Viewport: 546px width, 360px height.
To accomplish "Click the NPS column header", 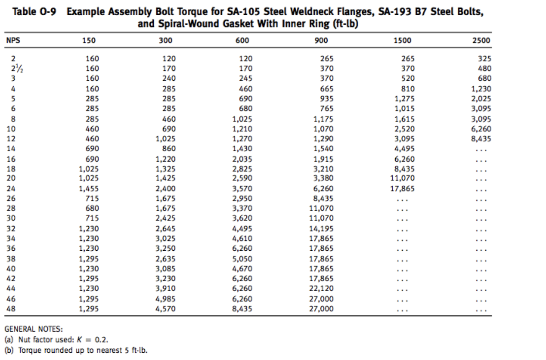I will click(x=13, y=40).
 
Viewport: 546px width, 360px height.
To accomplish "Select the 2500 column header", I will click(x=481, y=41).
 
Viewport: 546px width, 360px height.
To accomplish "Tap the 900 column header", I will click(x=321, y=41).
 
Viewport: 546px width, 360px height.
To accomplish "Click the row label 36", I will click(x=11, y=248).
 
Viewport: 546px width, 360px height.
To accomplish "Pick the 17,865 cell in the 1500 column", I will click(x=402, y=189).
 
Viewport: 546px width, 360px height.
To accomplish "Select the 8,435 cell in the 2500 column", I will click(x=481, y=139).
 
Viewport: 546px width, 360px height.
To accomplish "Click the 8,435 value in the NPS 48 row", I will click(x=242, y=309).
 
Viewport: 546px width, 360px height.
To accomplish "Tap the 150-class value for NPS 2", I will click(x=92, y=59).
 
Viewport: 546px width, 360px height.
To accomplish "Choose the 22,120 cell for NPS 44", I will click(x=321, y=289).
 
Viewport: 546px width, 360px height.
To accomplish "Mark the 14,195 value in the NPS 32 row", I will click(x=321, y=229).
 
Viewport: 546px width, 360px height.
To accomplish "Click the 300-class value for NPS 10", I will click(x=169, y=129).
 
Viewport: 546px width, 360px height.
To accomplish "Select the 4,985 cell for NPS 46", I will click(x=166, y=299).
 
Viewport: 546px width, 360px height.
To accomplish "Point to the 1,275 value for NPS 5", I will click(x=405, y=99).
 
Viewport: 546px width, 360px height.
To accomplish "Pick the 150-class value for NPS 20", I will click(x=89, y=178).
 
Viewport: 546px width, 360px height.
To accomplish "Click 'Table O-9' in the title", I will click(x=34, y=12).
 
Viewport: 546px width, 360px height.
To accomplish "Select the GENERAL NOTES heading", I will click(x=34, y=329).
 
